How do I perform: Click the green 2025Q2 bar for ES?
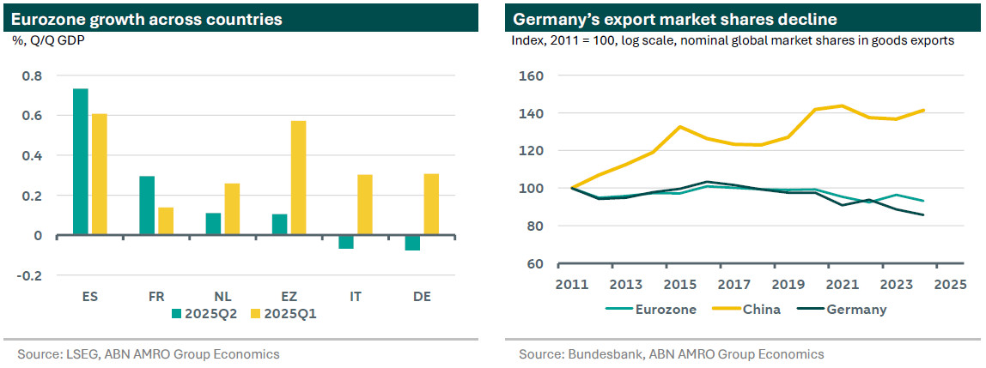tap(81, 161)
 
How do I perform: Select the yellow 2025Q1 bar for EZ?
tap(298, 178)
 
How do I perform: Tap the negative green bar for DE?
tap(412, 243)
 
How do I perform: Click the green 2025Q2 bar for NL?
tap(214, 224)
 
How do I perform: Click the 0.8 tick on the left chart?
tap(33, 75)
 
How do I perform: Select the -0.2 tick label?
tap(31, 275)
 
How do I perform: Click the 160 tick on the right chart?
tap(532, 75)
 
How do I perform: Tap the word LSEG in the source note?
tap(76, 354)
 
